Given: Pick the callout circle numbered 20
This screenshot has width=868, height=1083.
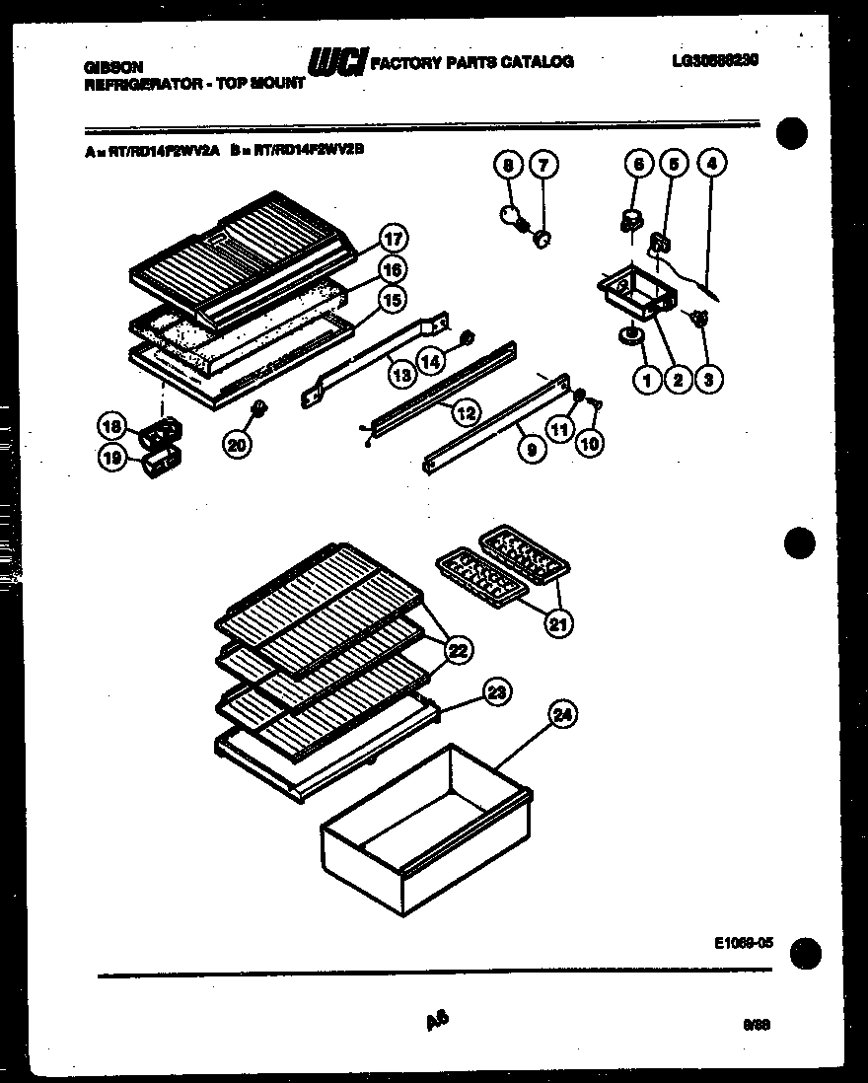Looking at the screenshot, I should click(236, 445).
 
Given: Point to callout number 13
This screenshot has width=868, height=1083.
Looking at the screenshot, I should click(400, 374).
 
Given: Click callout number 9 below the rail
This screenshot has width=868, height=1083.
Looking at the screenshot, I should click(532, 450).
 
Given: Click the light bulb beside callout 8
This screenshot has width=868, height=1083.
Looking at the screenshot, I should click(513, 217).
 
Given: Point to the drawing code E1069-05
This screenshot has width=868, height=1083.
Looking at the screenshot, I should click(741, 943).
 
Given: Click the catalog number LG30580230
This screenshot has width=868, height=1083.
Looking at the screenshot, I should click(716, 60).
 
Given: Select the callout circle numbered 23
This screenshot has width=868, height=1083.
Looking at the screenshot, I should click(497, 693).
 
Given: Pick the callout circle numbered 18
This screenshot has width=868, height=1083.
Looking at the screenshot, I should click(112, 426).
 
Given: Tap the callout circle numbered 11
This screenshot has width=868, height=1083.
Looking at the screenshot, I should click(561, 430).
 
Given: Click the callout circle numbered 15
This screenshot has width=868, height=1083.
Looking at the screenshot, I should click(394, 299).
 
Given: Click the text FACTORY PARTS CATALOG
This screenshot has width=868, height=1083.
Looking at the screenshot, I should click(471, 62).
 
